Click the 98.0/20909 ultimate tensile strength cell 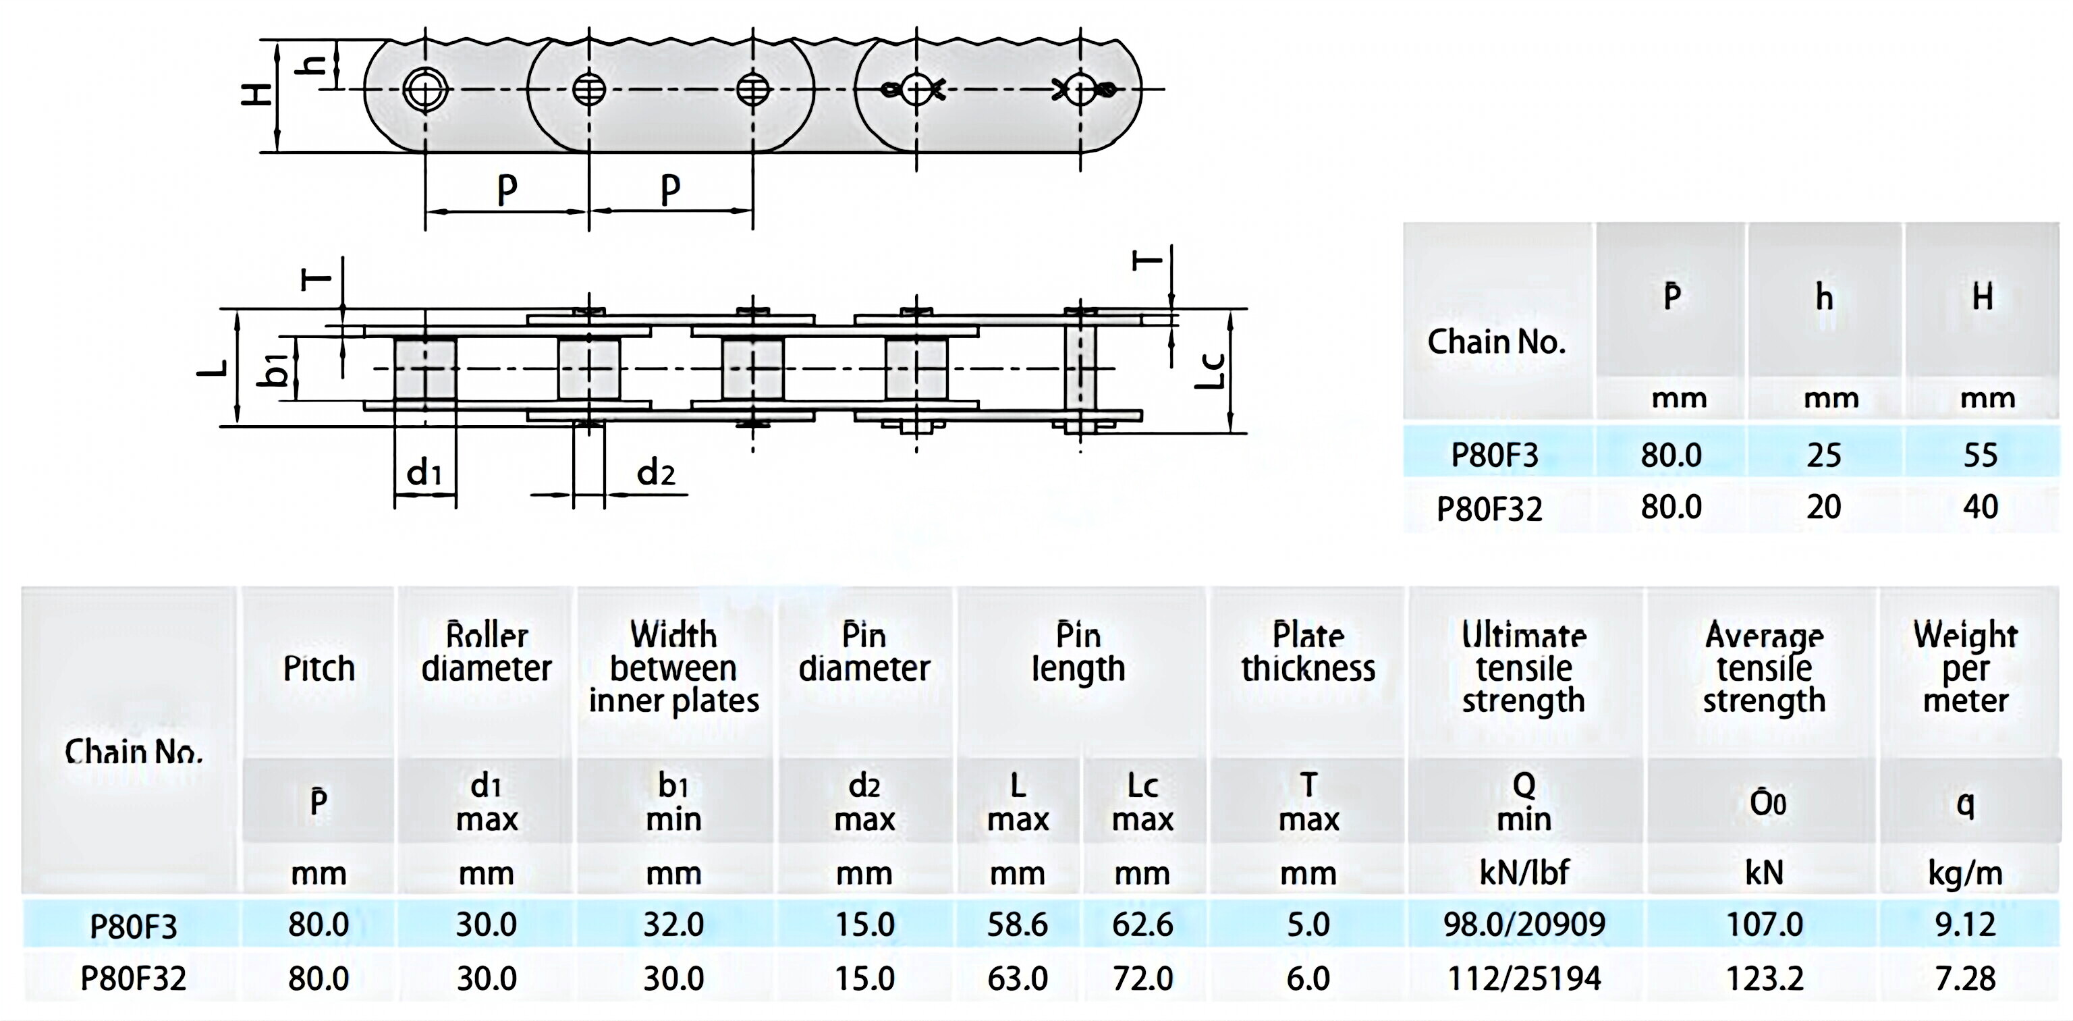pos(1523,925)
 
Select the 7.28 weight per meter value pos(1964,978)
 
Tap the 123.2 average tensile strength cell pos(1764,978)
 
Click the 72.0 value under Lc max pos(1142,978)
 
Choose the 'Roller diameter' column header pos(486,653)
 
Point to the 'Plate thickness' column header pos(1308,653)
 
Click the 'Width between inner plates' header pos(673,668)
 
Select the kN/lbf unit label pos(1523,872)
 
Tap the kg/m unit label pos(1964,872)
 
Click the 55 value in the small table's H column pos(1981,456)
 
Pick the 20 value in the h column pos(1823,507)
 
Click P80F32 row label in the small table pos(1489,509)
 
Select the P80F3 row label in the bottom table pos(134,926)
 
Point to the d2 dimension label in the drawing pos(655,473)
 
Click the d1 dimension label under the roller pos(424,473)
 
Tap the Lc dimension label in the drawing pos(1209,371)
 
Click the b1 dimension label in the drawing pos(275,369)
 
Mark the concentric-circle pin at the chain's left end pos(425,89)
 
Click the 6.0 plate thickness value pos(1308,978)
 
